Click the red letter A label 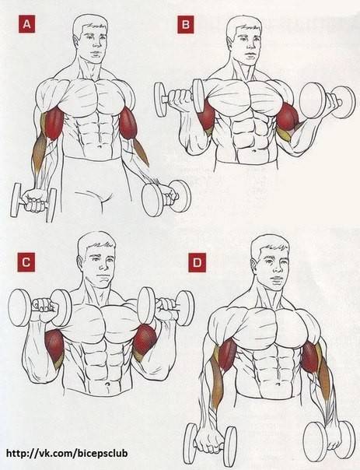[x=26, y=23]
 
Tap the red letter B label [x=185, y=24]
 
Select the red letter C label [x=26, y=262]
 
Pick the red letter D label [x=197, y=263]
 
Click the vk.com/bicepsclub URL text [x=67, y=453]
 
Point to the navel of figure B [x=254, y=150]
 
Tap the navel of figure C [x=107, y=384]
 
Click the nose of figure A [x=96, y=44]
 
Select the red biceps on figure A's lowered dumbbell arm [x=54, y=123]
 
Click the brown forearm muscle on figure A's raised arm [x=141, y=152]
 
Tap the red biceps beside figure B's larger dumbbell [x=287, y=117]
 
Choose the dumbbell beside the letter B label [x=180, y=98]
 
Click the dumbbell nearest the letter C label [x=40, y=308]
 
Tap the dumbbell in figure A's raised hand [x=166, y=198]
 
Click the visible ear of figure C [x=81, y=261]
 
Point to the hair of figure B [x=245, y=24]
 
